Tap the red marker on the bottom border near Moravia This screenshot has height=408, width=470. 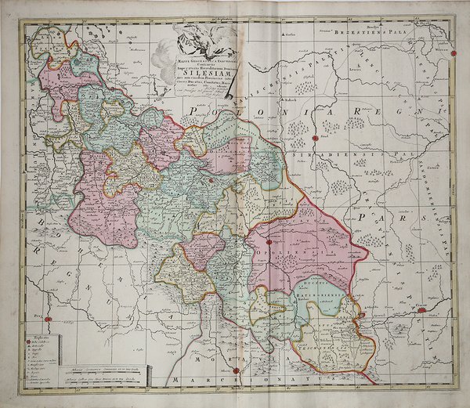(x=236, y=370)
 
